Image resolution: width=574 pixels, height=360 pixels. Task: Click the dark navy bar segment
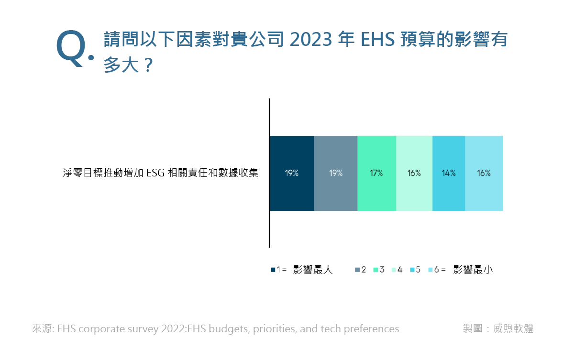click(292, 174)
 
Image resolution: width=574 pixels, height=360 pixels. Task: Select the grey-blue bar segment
click(336, 174)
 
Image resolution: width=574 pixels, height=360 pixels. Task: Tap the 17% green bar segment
click(377, 174)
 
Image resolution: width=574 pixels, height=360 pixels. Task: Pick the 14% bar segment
click(449, 174)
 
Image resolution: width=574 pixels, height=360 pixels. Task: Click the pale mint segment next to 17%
click(414, 174)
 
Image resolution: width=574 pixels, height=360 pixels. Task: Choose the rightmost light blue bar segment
click(484, 174)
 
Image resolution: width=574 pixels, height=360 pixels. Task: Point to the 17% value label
click(376, 174)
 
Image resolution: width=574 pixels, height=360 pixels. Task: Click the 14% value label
click(449, 174)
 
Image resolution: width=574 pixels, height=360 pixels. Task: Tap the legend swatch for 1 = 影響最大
click(273, 270)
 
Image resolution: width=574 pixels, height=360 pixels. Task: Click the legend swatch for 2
click(357, 270)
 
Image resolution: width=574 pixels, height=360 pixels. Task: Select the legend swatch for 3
click(375, 270)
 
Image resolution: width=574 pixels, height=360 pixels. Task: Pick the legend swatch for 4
click(394, 270)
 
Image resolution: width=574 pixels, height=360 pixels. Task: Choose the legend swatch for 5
click(412, 270)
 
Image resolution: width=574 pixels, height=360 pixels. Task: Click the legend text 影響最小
click(473, 270)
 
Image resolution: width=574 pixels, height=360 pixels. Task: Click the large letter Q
click(71, 48)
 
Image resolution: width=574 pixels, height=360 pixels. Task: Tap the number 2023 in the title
click(311, 40)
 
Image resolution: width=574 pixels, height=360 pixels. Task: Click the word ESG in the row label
click(155, 173)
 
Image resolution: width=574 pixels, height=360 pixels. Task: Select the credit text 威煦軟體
click(513, 328)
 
